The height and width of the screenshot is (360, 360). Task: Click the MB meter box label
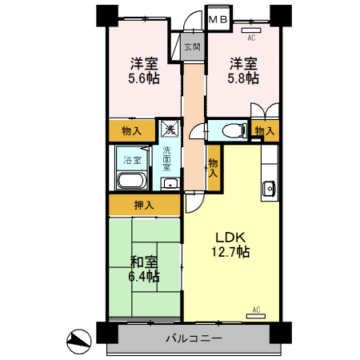coord(218,19)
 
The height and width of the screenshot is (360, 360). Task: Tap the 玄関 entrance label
coord(193,47)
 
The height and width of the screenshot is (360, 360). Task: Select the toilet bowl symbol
coord(234,131)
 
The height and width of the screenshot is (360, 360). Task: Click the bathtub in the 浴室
coord(132,181)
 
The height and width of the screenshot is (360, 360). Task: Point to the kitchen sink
coord(269,188)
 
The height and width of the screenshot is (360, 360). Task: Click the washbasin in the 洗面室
coord(170,183)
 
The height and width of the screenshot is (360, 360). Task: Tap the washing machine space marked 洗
coord(170,129)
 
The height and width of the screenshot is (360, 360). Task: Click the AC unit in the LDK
coord(256,316)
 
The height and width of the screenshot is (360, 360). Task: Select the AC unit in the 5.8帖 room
coord(251,30)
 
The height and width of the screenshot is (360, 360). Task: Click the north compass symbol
coord(78,342)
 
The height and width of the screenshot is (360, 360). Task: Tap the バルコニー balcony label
coord(194,338)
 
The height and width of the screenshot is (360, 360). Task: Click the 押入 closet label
coord(144,205)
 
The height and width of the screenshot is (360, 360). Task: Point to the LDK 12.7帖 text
coord(230,245)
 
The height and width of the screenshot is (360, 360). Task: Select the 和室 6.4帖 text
coord(144,269)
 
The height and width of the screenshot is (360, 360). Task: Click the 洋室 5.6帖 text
coord(144,70)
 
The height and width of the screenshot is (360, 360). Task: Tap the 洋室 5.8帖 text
coord(243,70)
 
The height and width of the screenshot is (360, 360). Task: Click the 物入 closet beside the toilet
coord(265,130)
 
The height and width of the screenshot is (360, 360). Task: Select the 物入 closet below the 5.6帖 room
coord(132,130)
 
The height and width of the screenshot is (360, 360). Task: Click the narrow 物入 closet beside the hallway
coord(214,168)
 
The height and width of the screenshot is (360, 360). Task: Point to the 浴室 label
coord(132,160)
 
